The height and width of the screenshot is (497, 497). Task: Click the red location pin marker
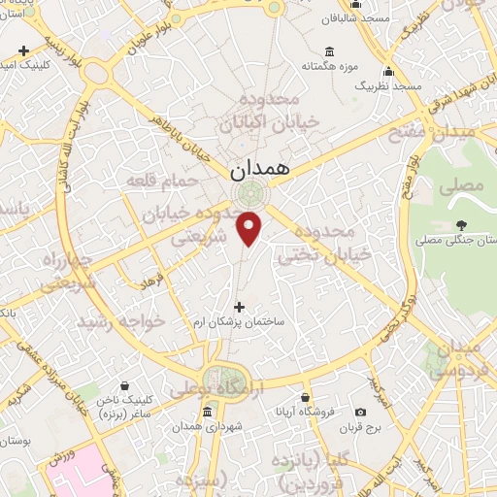(x=250, y=229)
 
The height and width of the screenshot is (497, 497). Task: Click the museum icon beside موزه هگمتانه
(x=331, y=51)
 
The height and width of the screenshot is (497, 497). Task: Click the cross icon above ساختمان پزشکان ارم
(x=240, y=307)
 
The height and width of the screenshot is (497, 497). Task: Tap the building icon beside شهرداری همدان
(x=205, y=413)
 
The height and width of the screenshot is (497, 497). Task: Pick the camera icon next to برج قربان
(x=361, y=412)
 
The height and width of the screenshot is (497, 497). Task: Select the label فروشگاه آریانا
(x=305, y=412)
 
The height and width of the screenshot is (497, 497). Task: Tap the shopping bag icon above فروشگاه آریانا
(x=305, y=397)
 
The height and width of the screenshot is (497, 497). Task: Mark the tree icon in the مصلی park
(x=460, y=224)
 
